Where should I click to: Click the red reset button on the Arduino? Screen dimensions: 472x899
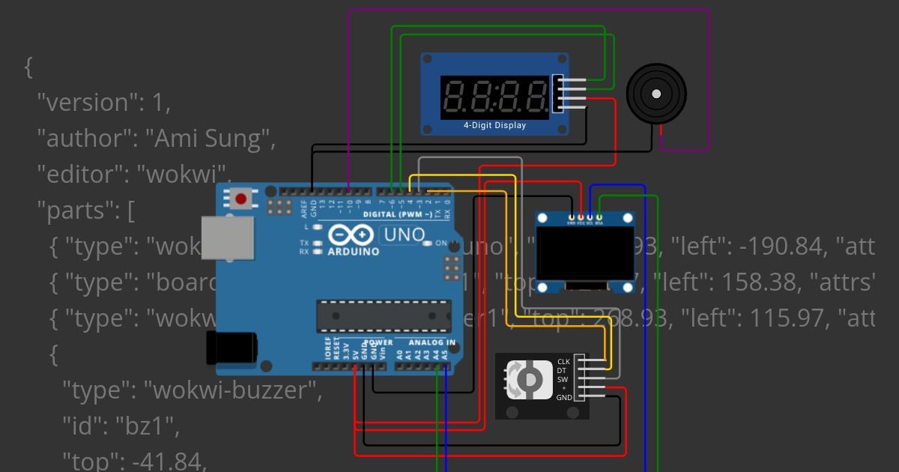pyautogui.click(x=241, y=199)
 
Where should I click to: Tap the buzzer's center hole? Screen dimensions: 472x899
pyautogui.click(x=656, y=94)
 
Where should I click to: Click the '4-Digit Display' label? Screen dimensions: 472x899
pyautogui.click(x=494, y=126)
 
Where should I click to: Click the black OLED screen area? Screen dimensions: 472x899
pyautogui.click(x=584, y=254)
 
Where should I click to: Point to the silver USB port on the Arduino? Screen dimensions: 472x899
pyautogui.click(x=227, y=238)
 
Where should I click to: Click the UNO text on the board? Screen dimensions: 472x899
pyautogui.click(x=405, y=235)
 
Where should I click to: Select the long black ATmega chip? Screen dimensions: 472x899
pyautogui.click(x=384, y=315)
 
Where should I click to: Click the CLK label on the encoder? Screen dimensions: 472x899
pyautogui.click(x=563, y=362)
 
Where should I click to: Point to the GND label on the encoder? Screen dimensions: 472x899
pyautogui.click(x=564, y=397)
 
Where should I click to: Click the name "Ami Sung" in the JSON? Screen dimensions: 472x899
pyautogui.click(x=208, y=139)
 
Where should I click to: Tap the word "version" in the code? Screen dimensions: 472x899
pyautogui.click(x=83, y=103)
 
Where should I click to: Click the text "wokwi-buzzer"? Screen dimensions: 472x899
pyautogui.click(x=232, y=390)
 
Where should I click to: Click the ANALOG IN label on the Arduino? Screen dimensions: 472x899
pyautogui.click(x=432, y=342)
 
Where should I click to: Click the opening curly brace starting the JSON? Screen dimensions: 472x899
pyautogui.click(x=28, y=67)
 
